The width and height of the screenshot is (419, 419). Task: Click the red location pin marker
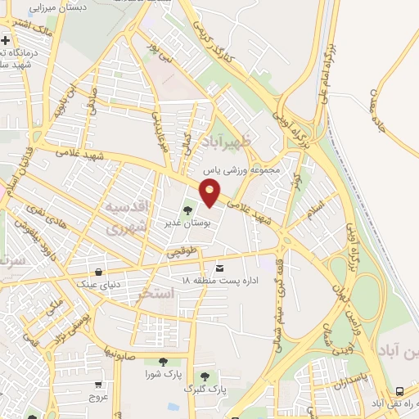[x=210, y=193]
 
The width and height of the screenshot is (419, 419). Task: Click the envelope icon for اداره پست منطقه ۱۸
[x=219, y=268]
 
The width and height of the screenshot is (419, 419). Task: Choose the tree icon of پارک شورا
[x=162, y=362]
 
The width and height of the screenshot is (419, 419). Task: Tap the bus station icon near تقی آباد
[x=399, y=391]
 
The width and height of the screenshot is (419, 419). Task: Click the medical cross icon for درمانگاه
[x=5, y=39]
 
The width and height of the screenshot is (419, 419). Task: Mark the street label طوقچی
[x=182, y=251]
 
